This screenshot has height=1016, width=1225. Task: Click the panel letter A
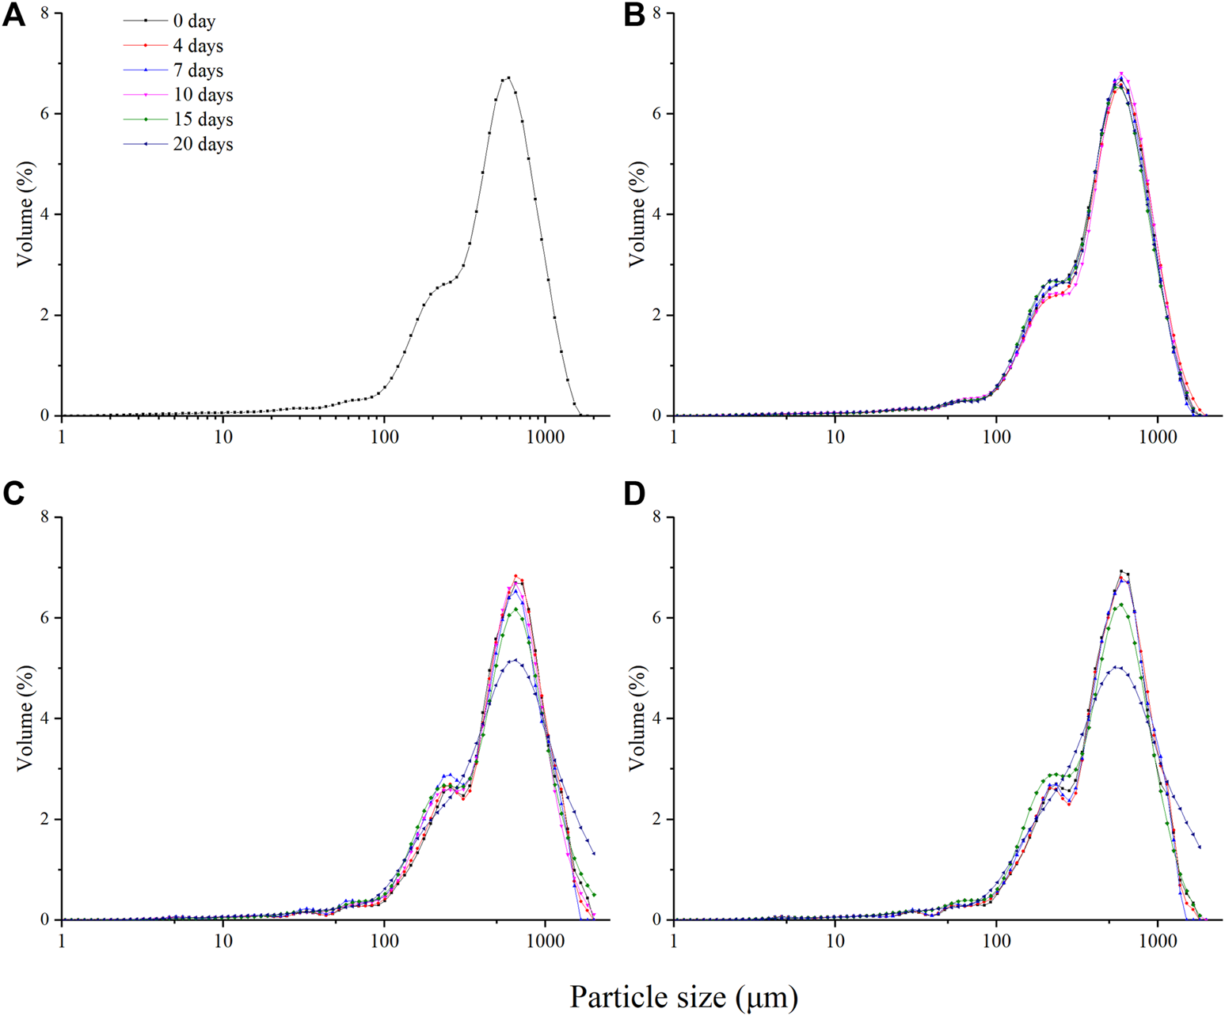13,16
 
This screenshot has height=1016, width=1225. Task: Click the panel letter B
634,16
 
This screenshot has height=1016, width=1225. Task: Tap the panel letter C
13,494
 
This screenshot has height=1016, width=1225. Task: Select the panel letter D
634,494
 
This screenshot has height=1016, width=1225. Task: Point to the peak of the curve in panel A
508,78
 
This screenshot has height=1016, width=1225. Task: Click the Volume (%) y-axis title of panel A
25,214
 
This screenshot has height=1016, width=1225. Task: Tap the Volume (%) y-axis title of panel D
637,718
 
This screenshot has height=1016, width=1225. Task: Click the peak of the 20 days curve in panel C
516,659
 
